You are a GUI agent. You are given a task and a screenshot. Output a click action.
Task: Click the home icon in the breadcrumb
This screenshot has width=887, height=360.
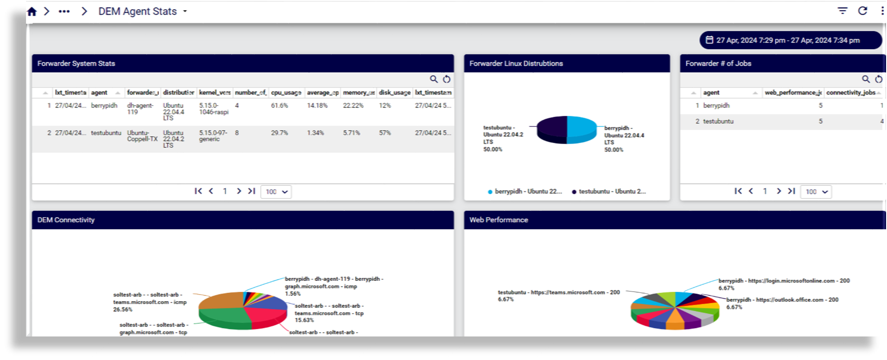pyautogui.click(x=32, y=12)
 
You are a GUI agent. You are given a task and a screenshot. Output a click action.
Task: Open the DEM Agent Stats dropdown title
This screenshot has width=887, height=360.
pyautogui.click(x=142, y=12)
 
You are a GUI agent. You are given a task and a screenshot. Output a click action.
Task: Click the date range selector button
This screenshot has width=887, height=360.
pyautogui.click(x=790, y=40)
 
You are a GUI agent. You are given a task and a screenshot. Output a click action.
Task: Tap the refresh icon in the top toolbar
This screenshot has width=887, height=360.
pyautogui.click(x=862, y=11)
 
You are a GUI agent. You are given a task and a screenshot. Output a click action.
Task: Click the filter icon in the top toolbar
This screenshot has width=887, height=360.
pyautogui.click(x=843, y=11)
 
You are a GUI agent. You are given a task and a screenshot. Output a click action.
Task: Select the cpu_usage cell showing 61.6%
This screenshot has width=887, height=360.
pyautogui.click(x=279, y=106)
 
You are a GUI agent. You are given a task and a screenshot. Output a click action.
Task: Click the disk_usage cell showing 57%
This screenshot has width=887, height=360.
pyautogui.click(x=385, y=133)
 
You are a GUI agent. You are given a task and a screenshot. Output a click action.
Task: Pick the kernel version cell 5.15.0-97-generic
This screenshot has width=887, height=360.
pyautogui.click(x=213, y=136)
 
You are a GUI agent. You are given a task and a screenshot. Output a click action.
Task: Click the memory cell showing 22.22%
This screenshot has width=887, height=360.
pyautogui.click(x=353, y=106)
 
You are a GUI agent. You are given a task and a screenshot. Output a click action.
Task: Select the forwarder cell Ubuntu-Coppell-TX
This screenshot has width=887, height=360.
pyautogui.click(x=142, y=136)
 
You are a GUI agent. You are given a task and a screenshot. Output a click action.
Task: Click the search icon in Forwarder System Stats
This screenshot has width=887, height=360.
pyautogui.click(x=434, y=79)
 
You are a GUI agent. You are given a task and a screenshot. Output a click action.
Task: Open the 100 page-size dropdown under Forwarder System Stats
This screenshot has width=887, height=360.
pyautogui.click(x=276, y=192)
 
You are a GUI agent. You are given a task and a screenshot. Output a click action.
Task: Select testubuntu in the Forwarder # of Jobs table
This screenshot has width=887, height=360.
pyautogui.click(x=718, y=121)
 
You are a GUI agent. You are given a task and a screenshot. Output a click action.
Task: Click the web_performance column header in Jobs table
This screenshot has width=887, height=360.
pyautogui.click(x=792, y=93)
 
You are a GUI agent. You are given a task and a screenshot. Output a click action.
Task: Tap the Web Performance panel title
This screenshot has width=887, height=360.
pyautogui.click(x=499, y=220)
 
